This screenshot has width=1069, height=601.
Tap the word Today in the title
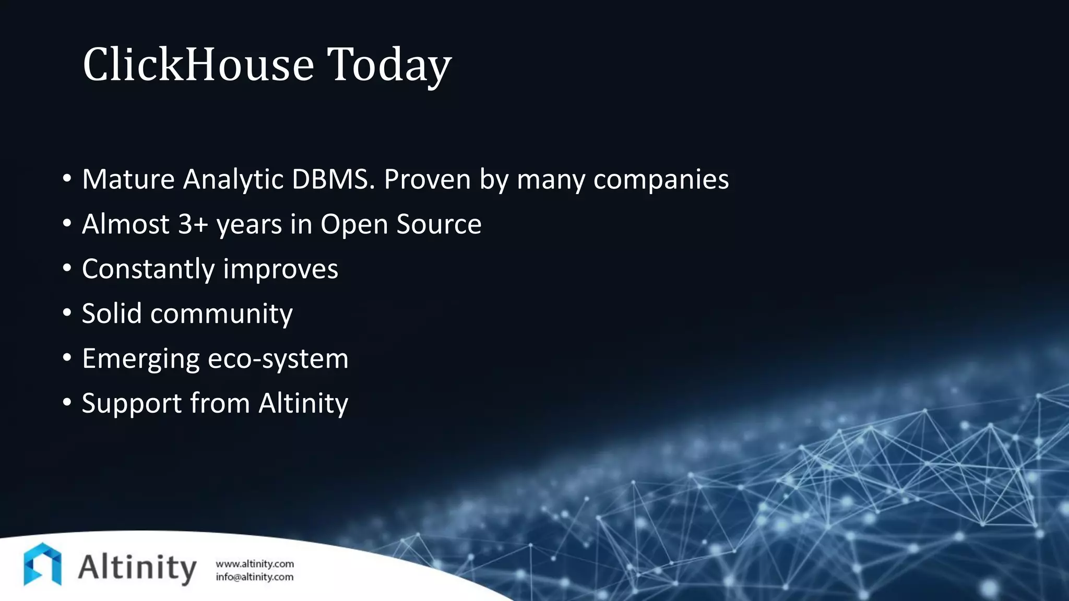click(389, 65)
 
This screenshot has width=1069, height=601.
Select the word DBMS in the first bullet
click(333, 179)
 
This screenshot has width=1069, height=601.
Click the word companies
click(661, 180)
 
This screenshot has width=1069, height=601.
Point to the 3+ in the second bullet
click(193, 224)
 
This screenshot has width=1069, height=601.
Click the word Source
click(438, 224)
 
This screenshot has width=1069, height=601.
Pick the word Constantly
click(148, 270)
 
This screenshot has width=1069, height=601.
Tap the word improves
click(280, 270)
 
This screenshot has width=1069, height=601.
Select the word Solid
click(112, 314)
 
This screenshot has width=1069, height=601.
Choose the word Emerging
click(140, 359)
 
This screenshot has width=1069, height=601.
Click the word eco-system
click(278, 359)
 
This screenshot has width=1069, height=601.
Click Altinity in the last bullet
click(303, 403)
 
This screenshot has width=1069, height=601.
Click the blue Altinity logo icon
click(42, 564)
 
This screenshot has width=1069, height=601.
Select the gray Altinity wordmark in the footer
click(137, 568)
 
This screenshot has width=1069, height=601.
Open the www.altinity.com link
click(255, 564)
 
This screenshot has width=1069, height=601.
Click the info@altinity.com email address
click(255, 577)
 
